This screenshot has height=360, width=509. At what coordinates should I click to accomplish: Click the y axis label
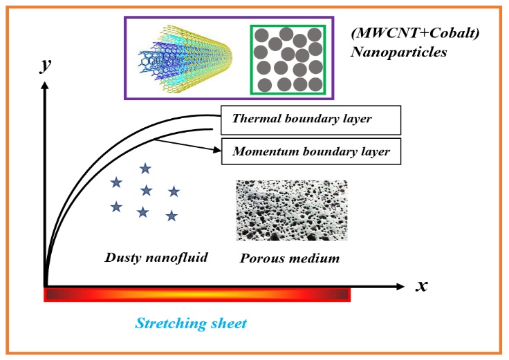coord(45,65)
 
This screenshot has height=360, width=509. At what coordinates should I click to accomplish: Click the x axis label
coord(421,286)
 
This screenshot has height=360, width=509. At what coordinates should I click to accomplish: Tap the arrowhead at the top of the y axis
coord(45,85)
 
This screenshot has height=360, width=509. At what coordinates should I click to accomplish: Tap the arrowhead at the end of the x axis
coord(400,286)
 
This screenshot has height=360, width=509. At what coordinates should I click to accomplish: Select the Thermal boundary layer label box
coord(311,120)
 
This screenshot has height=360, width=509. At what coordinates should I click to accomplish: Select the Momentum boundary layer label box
coord(311,151)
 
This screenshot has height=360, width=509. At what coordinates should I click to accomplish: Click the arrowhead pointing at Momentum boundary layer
coord(216,149)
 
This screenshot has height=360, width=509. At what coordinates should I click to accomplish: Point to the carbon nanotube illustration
coord(185,58)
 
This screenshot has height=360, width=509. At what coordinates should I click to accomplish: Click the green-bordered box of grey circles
coord(288,59)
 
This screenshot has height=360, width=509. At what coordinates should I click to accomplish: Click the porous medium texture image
coord(292,211)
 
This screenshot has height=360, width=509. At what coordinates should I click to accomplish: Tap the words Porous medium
coord(290,258)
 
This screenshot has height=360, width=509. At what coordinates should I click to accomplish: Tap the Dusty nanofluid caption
coord(156,258)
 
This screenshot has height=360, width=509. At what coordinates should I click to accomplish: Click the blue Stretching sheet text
coord(191,323)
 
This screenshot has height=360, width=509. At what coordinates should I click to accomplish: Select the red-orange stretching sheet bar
coord(197,295)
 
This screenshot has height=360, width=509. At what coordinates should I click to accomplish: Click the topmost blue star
coord(145,169)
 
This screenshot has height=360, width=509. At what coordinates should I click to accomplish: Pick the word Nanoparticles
coord(398,52)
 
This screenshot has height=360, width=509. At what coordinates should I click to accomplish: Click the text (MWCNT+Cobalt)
coord(415,33)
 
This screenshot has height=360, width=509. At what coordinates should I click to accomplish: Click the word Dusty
coord(123,258)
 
